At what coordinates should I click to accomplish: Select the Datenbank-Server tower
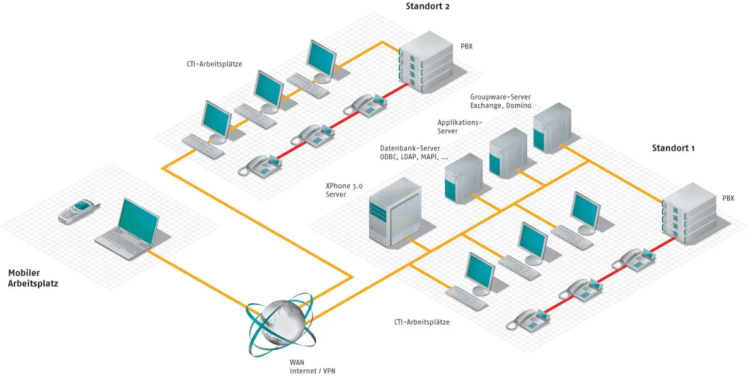463,178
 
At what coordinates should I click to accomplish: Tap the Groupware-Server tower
552,128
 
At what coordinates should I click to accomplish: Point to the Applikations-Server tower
508,153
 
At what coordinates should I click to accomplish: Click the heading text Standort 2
427,7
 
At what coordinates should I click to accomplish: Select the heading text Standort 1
673,148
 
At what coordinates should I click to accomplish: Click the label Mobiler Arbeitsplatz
33,278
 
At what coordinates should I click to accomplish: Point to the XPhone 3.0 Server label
344,190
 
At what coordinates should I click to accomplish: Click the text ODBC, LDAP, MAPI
414,157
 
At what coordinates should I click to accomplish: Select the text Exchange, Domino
500,105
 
